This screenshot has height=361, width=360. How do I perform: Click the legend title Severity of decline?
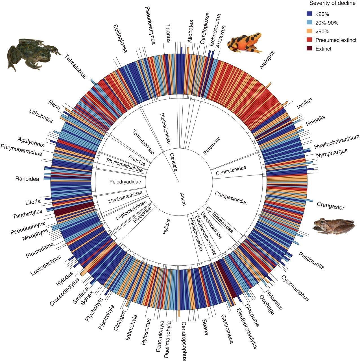pos(332,3)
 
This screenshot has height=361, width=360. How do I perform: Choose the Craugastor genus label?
pos(330,206)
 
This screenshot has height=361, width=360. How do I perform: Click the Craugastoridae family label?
pos(231,198)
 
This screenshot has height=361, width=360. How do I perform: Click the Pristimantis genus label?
pos(311,260)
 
